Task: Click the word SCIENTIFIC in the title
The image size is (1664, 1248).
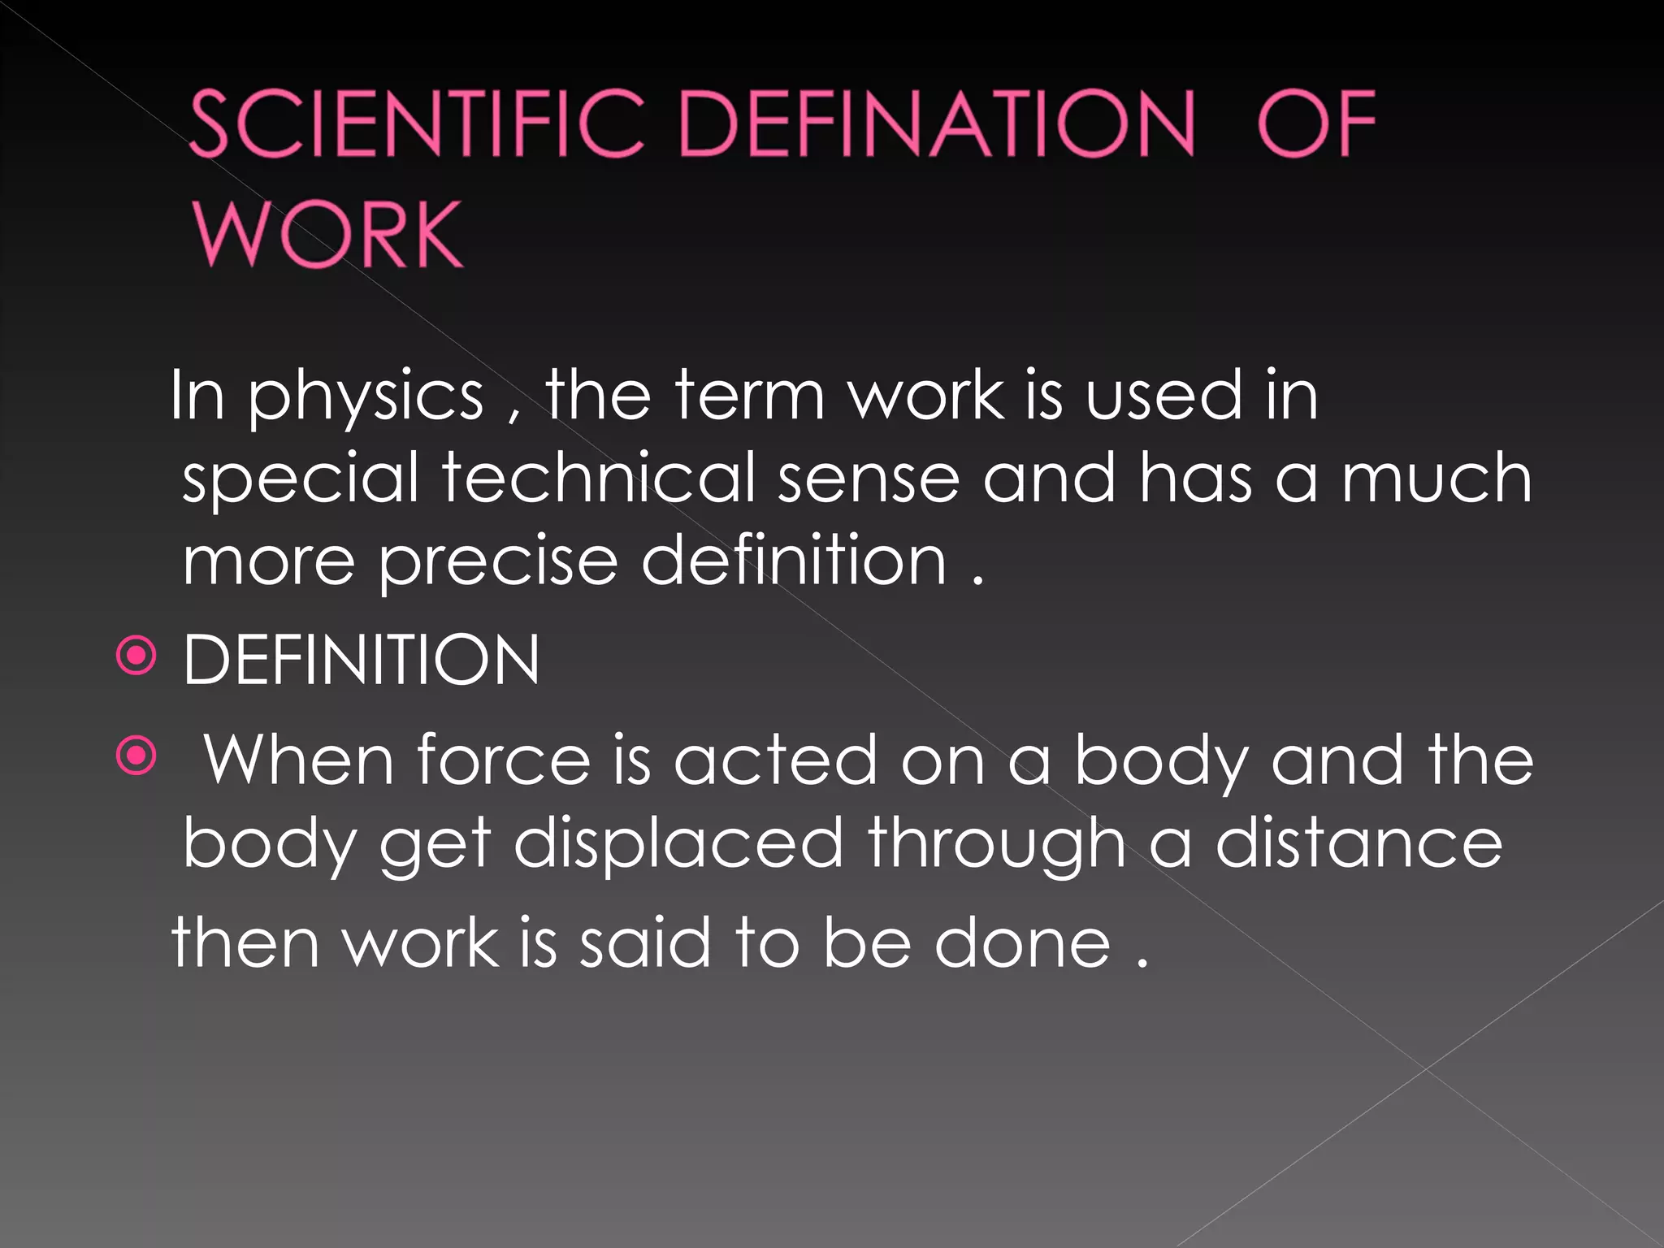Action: (x=417, y=123)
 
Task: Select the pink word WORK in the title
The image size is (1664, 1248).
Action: (x=327, y=235)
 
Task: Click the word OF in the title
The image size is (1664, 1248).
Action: (x=1316, y=123)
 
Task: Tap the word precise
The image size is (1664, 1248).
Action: (x=498, y=562)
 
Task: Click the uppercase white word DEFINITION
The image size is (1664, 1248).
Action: (x=362, y=660)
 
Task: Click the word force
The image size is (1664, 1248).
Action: (x=504, y=760)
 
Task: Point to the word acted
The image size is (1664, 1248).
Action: (x=776, y=760)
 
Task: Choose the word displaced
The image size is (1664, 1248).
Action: (x=678, y=844)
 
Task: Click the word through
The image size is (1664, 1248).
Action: (x=997, y=846)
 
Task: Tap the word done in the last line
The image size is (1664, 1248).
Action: (x=1022, y=943)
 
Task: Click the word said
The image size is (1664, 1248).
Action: (x=645, y=943)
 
